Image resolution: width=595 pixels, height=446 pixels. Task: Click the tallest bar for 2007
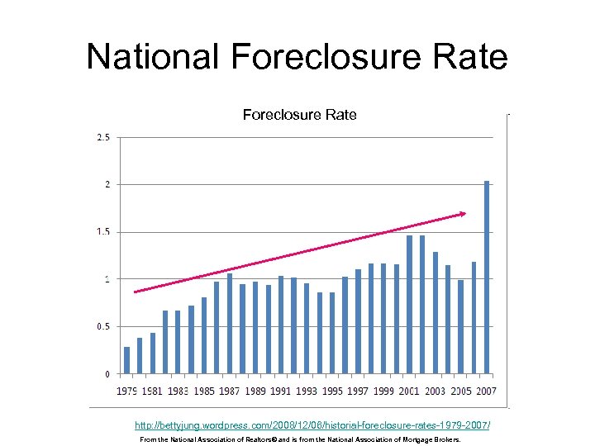[x=487, y=277]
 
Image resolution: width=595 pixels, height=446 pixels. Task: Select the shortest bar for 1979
[x=126, y=360]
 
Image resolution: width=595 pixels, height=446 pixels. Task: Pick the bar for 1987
[x=230, y=323]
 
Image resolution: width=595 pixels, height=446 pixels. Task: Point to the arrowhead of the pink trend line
[x=463, y=214]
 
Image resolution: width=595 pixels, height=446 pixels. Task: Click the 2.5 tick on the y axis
[x=103, y=137]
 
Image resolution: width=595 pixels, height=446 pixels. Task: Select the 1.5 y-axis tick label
[x=103, y=232]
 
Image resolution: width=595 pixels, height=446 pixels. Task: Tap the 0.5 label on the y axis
[x=103, y=327]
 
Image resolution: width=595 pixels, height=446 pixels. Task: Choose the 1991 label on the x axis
[x=281, y=391]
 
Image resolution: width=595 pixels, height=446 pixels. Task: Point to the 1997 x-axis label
[x=358, y=391]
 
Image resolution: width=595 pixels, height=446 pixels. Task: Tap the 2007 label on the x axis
[x=485, y=391]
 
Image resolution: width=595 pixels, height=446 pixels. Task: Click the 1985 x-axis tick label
[x=204, y=391]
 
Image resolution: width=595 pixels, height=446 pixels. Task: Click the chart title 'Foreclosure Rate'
[x=299, y=115]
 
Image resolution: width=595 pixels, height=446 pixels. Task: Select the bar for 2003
[x=435, y=312]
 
